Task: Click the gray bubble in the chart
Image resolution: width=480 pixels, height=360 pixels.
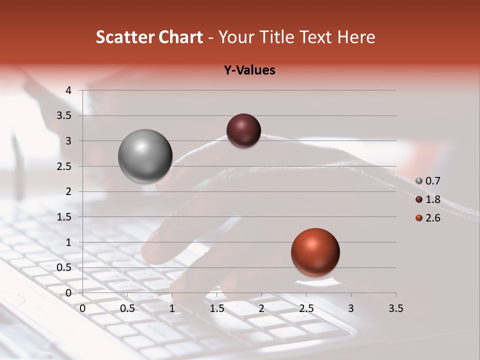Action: point(145,156)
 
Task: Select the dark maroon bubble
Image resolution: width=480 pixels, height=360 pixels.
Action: point(243,131)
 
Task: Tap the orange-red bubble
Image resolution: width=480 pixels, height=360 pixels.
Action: point(315,252)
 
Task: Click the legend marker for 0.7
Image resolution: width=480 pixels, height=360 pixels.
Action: point(419,181)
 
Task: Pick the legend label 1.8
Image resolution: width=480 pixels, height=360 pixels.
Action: point(432,199)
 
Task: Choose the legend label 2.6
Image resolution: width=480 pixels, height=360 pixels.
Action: point(432,218)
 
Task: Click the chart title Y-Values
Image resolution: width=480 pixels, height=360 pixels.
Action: point(249,70)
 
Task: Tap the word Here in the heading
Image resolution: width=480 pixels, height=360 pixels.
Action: point(356,37)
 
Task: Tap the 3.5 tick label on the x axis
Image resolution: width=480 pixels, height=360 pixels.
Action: point(395,308)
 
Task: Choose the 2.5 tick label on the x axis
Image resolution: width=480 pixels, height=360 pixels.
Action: point(306,308)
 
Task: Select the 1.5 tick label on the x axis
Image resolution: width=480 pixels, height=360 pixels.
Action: point(216,308)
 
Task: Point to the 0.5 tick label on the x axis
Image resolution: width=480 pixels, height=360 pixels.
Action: point(127,308)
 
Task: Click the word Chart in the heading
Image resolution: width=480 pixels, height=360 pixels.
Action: point(180,37)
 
